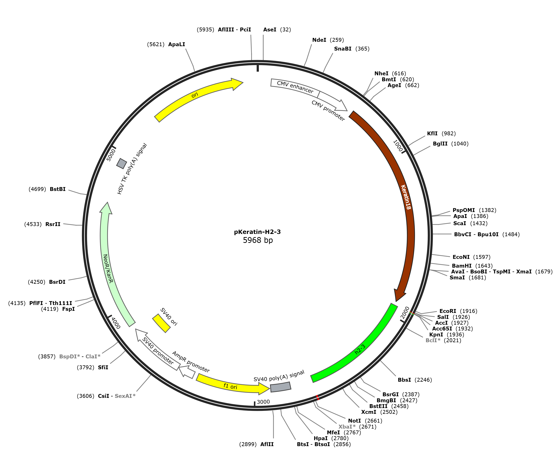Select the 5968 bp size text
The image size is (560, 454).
(x=258, y=240)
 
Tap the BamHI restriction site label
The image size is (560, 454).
(x=462, y=266)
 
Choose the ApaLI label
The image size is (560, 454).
(x=177, y=44)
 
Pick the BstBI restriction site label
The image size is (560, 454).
(x=58, y=189)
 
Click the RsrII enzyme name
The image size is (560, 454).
(x=53, y=224)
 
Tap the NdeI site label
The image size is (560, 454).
(x=319, y=40)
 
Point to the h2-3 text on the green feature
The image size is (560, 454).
(x=360, y=349)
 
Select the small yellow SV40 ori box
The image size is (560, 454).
(x=161, y=323)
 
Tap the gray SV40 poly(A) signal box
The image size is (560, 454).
(x=280, y=387)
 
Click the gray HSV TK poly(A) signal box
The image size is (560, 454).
(x=122, y=163)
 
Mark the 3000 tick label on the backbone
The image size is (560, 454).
(x=263, y=402)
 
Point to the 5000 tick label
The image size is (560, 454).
(x=111, y=155)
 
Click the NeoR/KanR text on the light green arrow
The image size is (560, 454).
(x=108, y=269)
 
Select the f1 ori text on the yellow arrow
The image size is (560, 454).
(x=230, y=386)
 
